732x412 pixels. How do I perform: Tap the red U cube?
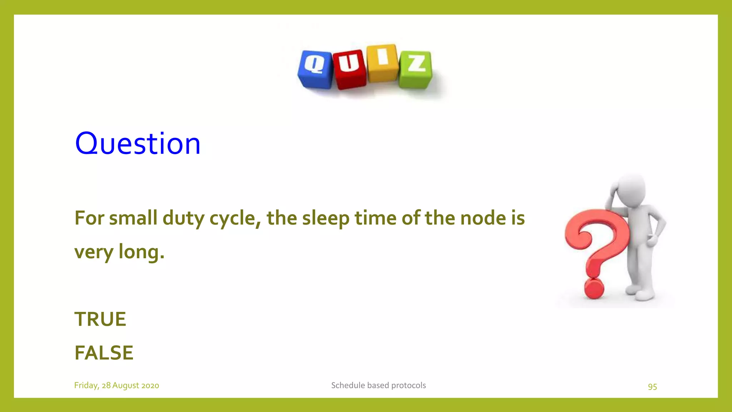pyautogui.click(x=349, y=69)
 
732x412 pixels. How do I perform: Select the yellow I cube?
pyautogui.click(x=382, y=63)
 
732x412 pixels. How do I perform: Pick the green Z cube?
pyautogui.click(x=416, y=69)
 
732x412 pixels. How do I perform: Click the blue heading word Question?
pyautogui.click(x=138, y=143)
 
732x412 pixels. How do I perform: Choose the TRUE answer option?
pyautogui.click(x=100, y=319)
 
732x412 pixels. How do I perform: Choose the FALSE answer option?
pyautogui.click(x=104, y=353)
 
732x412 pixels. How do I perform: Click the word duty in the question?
pyautogui.click(x=183, y=218)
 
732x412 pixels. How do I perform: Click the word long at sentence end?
pyautogui.click(x=141, y=252)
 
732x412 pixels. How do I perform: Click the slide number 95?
pyautogui.click(x=652, y=387)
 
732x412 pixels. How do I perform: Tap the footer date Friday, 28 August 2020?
pyautogui.click(x=117, y=385)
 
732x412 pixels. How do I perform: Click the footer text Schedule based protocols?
pyautogui.click(x=378, y=385)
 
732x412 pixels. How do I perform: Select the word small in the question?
pyautogui.click(x=133, y=218)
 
